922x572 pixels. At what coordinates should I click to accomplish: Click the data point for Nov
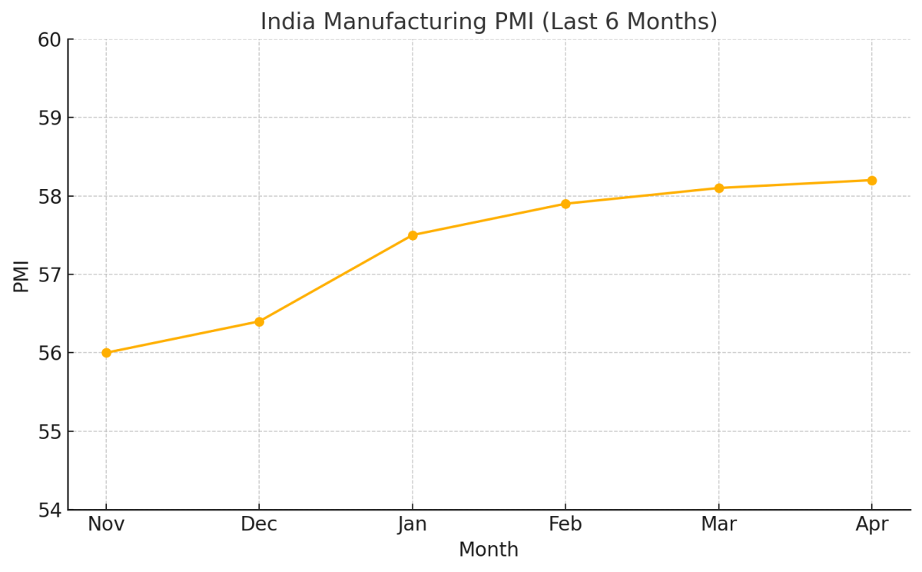coord(106,353)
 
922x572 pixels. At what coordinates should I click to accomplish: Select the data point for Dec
coord(259,321)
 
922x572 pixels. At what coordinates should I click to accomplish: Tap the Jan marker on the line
coord(413,235)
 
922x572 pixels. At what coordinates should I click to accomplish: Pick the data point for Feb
coord(565,204)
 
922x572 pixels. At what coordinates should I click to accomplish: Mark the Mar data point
coord(719,188)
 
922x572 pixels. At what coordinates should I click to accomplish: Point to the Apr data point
coord(872,181)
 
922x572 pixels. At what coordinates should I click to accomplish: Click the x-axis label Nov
coord(106,525)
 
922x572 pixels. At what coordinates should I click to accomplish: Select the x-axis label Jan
coord(413,525)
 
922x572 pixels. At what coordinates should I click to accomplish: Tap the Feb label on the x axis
coord(565,525)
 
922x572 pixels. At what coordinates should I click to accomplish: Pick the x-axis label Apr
coord(872,525)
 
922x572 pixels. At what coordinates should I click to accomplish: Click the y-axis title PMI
coord(22,276)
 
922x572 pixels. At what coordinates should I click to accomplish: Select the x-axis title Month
coord(489,550)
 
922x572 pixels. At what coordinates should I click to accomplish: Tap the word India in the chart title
coord(285,22)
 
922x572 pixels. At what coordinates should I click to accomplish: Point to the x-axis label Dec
coord(259,525)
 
